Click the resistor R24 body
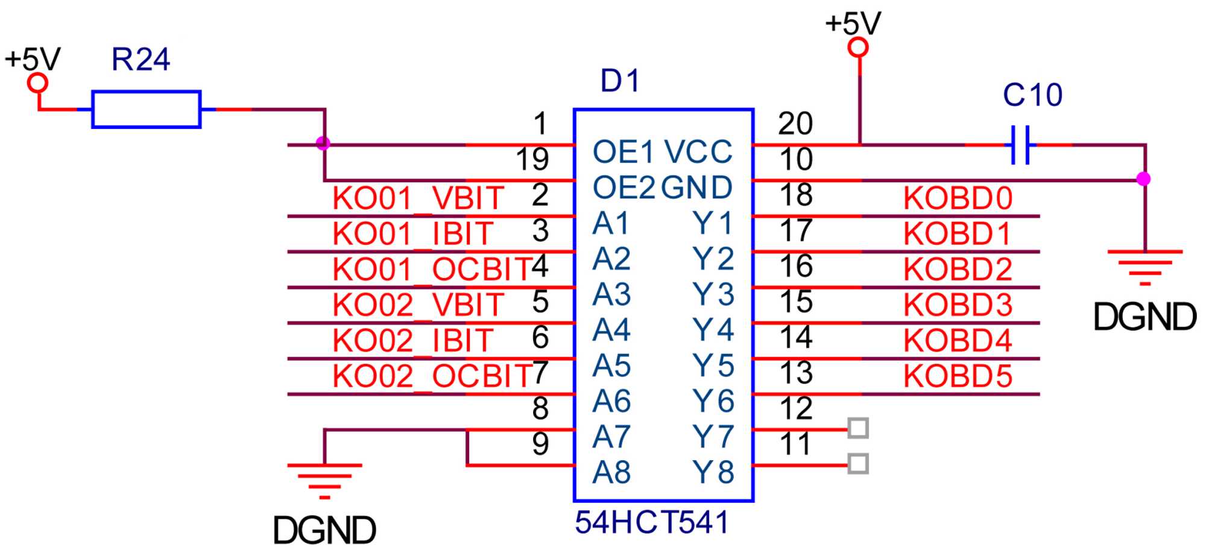[x=146, y=109]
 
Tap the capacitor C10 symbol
[x=1020, y=145]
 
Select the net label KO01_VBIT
[x=418, y=198]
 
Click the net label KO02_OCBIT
[x=432, y=376]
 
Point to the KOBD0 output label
[x=958, y=198]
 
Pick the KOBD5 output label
[x=958, y=376]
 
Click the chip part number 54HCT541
[x=651, y=522]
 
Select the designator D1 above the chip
[x=620, y=81]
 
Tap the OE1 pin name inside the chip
[x=623, y=152]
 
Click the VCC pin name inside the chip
[x=698, y=152]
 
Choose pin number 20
[x=795, y=124]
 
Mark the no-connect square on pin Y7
[x=858, y=428]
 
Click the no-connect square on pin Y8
[x=858, y=464]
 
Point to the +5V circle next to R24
[x=38, y=83]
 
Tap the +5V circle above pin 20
[x=857, y=47]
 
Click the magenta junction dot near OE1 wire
[x=323, y=144]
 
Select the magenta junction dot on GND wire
[x=1143, y=179]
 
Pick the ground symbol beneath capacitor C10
[x=1144, y=266]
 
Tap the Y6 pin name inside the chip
[x=713, y=401]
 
